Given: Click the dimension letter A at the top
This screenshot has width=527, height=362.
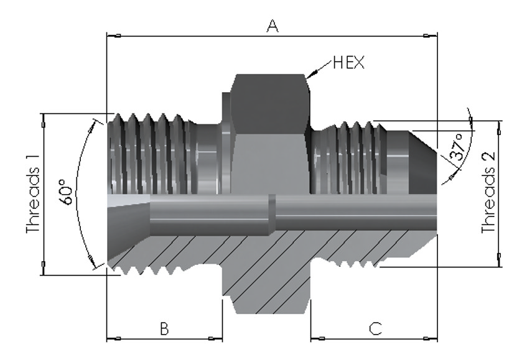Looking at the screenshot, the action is click(273, 26).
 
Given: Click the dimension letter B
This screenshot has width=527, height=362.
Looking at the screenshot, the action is click(164, 329).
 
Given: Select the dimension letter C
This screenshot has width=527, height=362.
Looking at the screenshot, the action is click(375, 329).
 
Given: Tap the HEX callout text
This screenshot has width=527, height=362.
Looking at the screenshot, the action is click(348, 63).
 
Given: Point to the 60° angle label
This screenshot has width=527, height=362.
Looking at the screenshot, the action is click(66, 192).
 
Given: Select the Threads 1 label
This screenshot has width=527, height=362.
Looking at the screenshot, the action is click(33, 194).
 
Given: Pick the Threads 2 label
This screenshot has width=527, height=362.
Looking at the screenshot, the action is click(488, 193).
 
